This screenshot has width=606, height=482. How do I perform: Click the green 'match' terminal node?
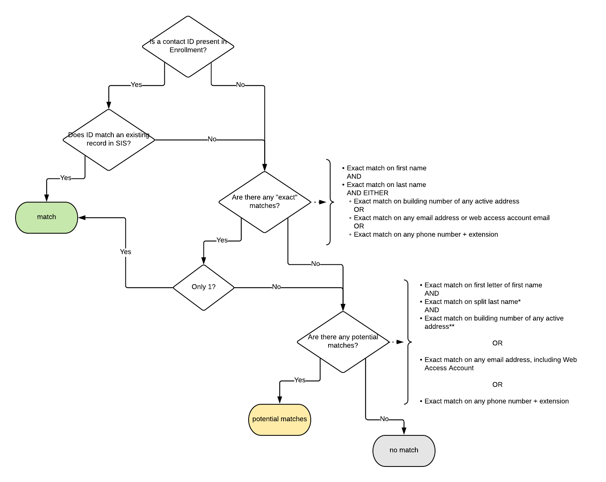point(47,217)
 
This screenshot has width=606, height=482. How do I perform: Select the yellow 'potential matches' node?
point(279,419)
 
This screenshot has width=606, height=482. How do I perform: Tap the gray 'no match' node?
point(404,451)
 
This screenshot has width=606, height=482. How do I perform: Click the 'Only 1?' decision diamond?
point(204,287)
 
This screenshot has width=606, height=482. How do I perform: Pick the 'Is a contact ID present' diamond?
point(188,46)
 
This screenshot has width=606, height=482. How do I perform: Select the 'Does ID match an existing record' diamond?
point(109,140)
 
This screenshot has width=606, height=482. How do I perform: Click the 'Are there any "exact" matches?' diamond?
point(265,202)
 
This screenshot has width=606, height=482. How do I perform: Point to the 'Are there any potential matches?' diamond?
point(343,342)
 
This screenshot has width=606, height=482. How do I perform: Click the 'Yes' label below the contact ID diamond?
point(136,85)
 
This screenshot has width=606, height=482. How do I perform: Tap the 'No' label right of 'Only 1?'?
point(276,287)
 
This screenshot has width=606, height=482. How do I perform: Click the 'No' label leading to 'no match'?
point(384,419)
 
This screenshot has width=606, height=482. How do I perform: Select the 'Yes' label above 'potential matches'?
point(300,380)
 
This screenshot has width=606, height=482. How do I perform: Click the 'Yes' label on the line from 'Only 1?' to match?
point(125,252)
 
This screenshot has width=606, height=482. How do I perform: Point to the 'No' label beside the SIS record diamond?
point(212,139)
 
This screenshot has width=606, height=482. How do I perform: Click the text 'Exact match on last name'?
point(386,185)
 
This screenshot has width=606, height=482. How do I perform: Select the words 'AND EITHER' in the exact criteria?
point(367,193)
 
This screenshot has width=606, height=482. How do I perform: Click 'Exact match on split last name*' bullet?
point(472,302)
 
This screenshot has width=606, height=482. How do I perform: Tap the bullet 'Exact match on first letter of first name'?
point(483,285)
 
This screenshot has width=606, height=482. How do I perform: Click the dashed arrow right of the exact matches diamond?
point(319,202)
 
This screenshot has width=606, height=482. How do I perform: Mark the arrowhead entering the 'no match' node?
point(404,431)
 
